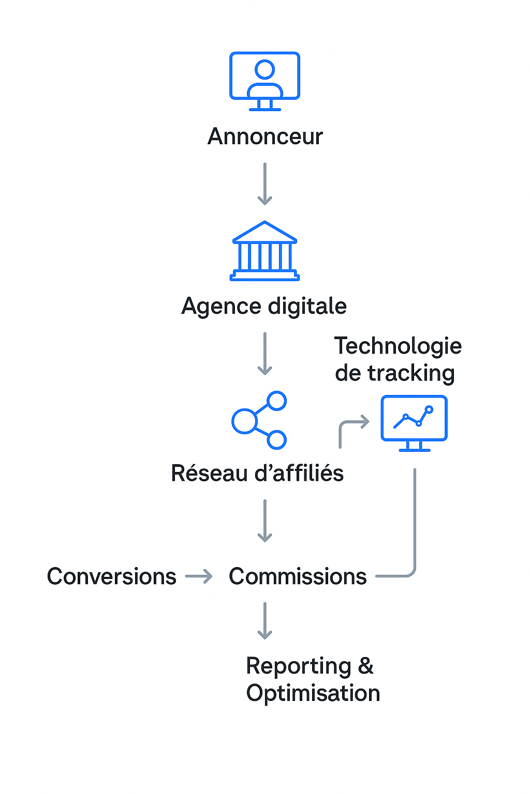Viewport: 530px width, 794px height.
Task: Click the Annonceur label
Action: click(x=265, y=137)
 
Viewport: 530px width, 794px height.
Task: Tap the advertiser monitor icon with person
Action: click(x=265, y=81)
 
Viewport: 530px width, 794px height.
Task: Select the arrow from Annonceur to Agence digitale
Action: click(x=265, y=184)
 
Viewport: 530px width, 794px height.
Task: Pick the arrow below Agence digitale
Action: click(x=265, y=354)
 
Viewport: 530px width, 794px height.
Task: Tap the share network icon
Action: click(x=259, y=420)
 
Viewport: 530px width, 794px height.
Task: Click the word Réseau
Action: click(x=209, y=474)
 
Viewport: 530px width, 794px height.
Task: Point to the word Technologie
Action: click(x=397, y=346)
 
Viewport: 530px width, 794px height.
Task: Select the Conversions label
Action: click(x=112, y=576)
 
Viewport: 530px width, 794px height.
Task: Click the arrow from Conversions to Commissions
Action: click(x=199, y=576)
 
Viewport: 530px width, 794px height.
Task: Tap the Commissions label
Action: click(x=298, y=576)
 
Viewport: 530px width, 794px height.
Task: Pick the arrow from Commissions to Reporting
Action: click(x=265, y=621)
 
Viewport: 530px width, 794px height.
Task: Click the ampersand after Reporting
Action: click(x=365, y=666)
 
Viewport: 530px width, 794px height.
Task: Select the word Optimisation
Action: click(x=313, y=693)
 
